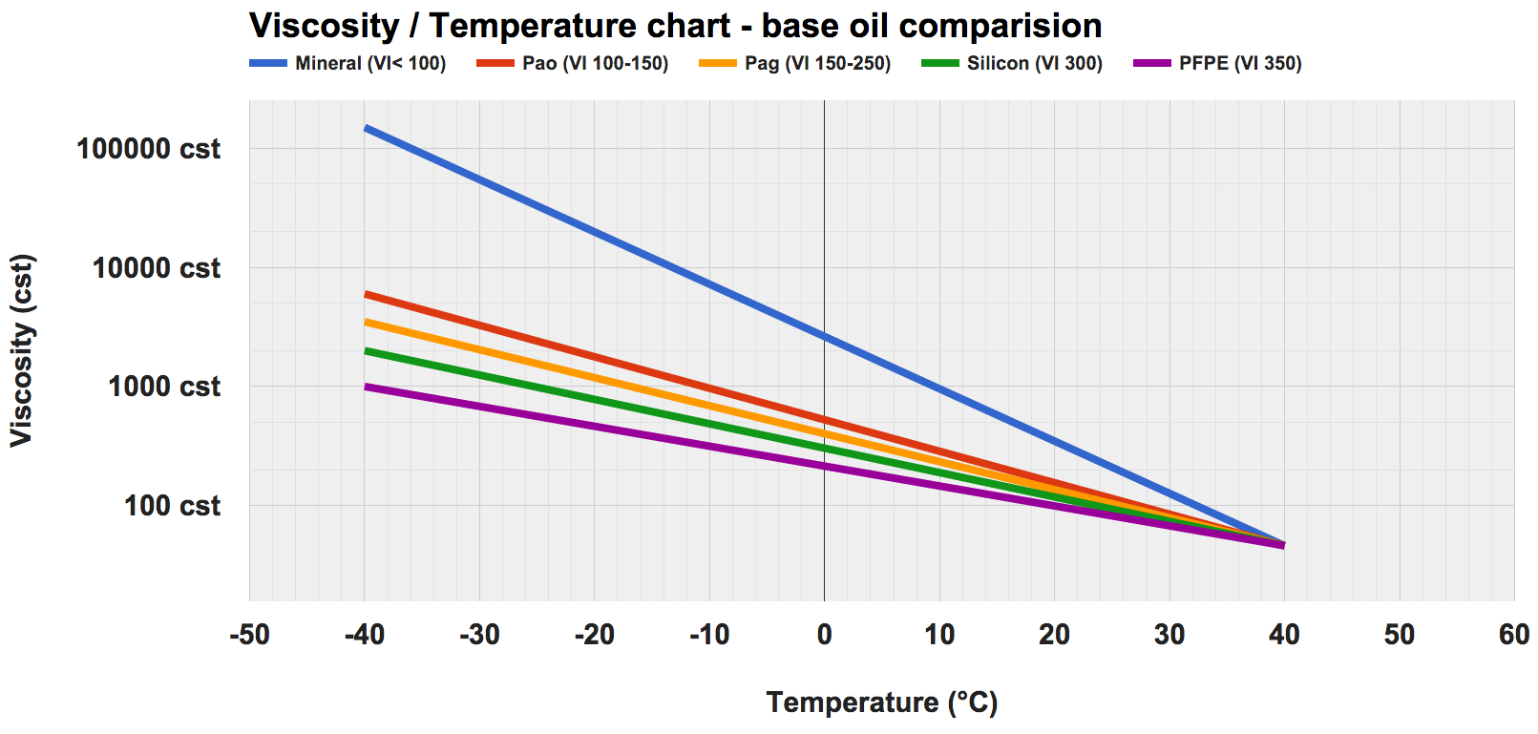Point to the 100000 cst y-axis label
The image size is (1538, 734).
pyautogui.click(x=148, y=149)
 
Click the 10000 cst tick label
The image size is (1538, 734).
pyautogui.click(x=156, y=268)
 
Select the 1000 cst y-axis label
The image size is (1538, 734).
pyautogui.click(x=163, y=387)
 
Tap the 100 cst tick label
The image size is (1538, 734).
pyautogui.click(x=172, y=506)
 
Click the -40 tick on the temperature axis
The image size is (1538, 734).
pyautogui.click(x=365, y=635)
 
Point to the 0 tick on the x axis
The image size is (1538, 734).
pyautogui.click(x=824, y=635)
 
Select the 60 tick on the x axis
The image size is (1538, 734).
pyautogui.click(x=1513, y=635)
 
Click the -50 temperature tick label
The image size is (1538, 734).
pyautogui.click(x=250, y=635)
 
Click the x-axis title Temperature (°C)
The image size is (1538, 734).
pyautogui.click(x=881, y=703)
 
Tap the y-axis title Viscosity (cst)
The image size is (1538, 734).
pyautogui.click(x=22, y=350)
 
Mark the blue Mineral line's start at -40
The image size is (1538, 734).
pyautogui.click(x=366, y=127)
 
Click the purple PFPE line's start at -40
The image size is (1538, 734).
pyautogui.click(x=366, y=387)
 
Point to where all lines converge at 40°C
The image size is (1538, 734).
pyautogui.click(x=1282, y=545)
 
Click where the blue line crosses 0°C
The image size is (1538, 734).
pyautogui.click(x=824, y=336)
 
